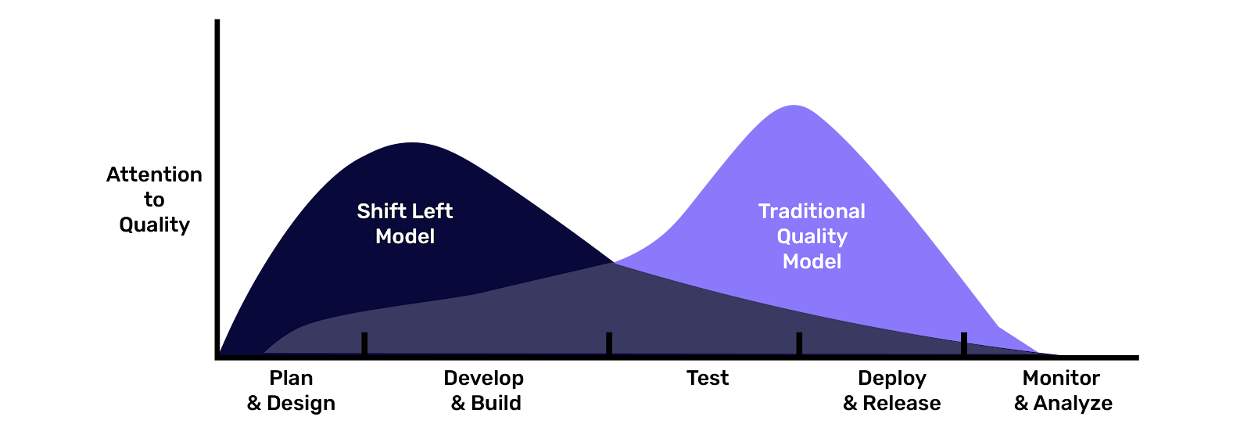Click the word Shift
[x=382, y=211]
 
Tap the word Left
[x=433, y=211]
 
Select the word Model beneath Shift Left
[x=405, y=236]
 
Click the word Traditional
[x=812, y=211]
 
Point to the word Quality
[x=812, y=237]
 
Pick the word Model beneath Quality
[x=812, y=261]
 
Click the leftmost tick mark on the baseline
[x=364, y=343]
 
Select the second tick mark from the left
[x=609, y=343]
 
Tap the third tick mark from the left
[x=799, y=343]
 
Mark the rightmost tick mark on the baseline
[x=964, y=343]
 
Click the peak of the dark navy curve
[x=412, y=143]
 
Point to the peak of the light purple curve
[x=794, y=106]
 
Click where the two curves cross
[x=614, y=262]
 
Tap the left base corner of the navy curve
[x=221, y=353]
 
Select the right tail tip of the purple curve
[x=1038, y=352]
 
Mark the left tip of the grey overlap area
[x=266, y=352]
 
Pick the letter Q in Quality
[x=784, y=236]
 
